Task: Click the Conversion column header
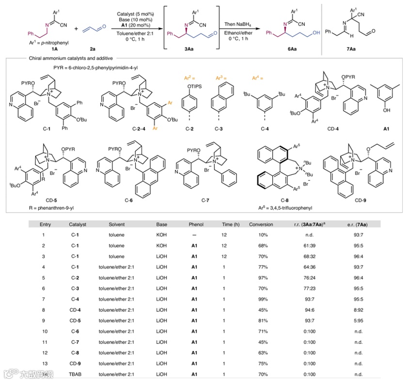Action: [x=261, y=225]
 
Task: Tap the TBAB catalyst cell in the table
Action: [x=75, y=374]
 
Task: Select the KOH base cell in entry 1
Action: [x=161, y=235]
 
